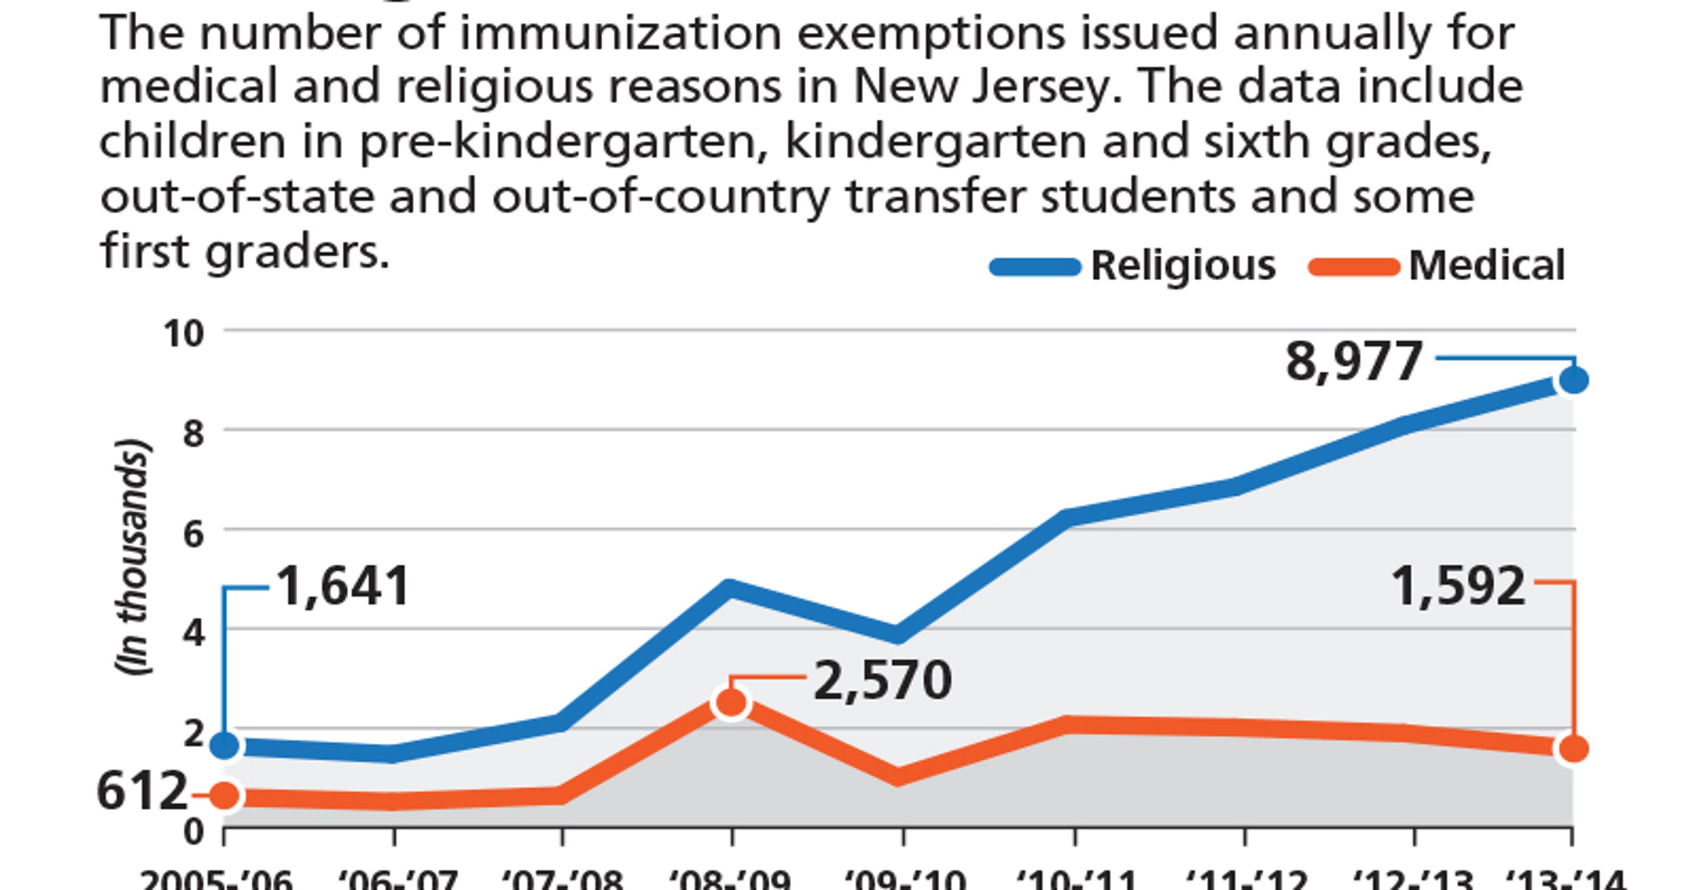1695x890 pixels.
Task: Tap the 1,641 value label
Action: click(x=343, y=586)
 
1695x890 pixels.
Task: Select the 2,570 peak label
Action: click(x=882, y=681)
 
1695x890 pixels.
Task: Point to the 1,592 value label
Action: click(x=1459, y=586)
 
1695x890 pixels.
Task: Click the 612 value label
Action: click(x=142, y=792)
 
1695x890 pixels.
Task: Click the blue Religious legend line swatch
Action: click(x=1035, y=266)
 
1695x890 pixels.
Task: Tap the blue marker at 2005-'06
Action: click(x=225, y=746)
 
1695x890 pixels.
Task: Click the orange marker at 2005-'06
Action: click(x=225, y=796)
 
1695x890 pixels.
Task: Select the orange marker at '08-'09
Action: click(x=731, y=703)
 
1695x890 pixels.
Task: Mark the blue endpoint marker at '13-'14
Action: click(x=1573, y=380)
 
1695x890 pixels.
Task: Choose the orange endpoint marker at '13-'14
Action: click(x=1573, y=749)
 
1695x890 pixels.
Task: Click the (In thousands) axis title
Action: click(x=133, y=556)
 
